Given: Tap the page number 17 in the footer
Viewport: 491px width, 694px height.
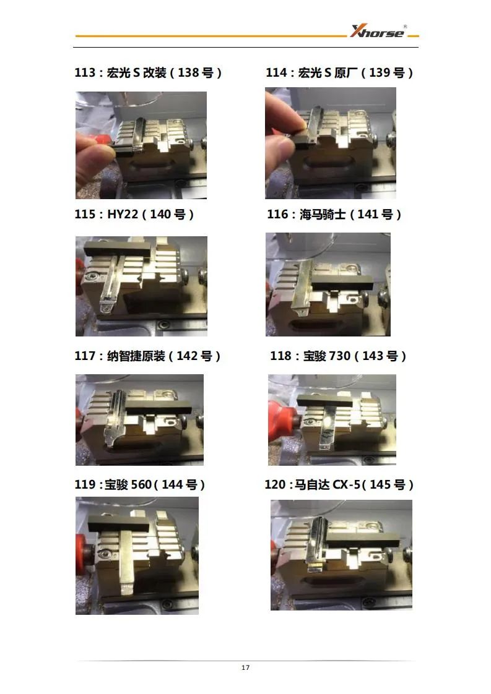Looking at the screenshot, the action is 245,667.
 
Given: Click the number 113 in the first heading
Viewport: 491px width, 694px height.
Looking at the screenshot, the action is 85,72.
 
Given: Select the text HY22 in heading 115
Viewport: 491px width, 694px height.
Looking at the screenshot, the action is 123,214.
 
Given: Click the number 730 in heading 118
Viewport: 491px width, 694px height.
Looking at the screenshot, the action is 340,356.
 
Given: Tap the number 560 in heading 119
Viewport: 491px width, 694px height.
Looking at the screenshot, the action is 141,485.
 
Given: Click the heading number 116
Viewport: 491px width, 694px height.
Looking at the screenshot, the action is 277,214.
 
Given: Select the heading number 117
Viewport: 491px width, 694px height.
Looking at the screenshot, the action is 85,356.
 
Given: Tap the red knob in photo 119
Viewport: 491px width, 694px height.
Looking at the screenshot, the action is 84,550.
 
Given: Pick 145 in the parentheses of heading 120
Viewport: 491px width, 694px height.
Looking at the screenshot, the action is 380,485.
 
